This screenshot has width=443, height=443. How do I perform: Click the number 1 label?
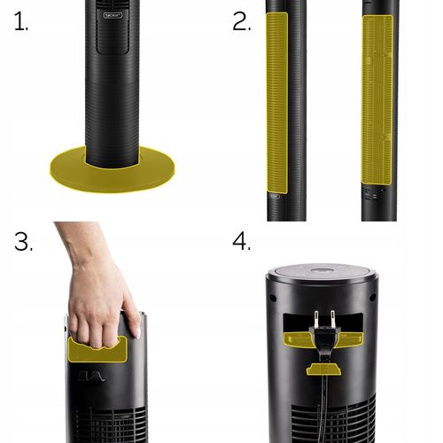click(20, 21)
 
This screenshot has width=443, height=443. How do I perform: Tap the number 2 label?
click(242, 21)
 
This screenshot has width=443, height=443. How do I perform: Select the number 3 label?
click(24, 242)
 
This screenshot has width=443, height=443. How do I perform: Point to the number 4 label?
click(242, 241)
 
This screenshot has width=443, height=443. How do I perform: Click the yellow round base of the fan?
click(113, 176)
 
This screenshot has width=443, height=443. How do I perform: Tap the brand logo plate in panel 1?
click(113, 15)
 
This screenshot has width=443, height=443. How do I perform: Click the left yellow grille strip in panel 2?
click(277, 103)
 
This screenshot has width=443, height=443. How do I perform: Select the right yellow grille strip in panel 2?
click(377, 100)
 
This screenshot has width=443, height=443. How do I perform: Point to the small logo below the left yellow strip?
click(275, 196)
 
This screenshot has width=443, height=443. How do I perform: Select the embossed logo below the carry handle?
click(91, 377)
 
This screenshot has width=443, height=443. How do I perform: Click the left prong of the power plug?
click(316, 319)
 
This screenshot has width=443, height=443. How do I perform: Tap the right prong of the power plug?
click(333, 319)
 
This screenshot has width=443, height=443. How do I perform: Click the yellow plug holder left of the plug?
click(298, 338)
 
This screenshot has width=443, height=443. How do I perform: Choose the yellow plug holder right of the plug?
click(351, 339)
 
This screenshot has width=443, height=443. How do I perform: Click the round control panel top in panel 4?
click(323, 272)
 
